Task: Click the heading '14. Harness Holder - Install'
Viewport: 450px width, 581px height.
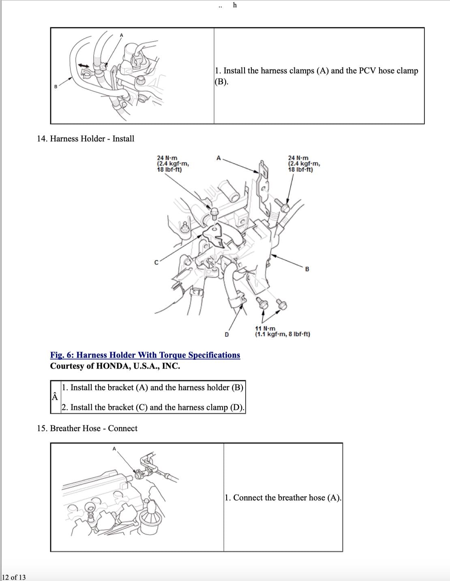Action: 86,139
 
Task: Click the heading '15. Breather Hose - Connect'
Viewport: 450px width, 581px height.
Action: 87,428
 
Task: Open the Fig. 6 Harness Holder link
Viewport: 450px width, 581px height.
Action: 145,355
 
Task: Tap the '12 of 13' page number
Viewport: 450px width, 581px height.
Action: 13,577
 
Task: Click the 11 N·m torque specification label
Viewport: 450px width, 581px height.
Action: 282,331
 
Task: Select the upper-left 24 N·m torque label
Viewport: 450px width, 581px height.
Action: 173,163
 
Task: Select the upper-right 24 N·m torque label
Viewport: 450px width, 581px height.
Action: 304,163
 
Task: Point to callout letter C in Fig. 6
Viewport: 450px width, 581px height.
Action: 156,263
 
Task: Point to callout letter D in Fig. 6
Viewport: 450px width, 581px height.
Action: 227,335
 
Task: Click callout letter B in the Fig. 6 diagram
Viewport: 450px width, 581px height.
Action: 307,269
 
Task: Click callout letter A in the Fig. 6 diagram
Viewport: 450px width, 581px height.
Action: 219,158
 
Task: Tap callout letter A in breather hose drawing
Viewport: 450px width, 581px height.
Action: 114,449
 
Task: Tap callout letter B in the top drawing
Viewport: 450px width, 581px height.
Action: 56,86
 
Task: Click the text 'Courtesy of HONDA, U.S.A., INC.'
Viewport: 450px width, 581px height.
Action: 115,366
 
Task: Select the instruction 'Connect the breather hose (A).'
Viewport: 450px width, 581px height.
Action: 283,498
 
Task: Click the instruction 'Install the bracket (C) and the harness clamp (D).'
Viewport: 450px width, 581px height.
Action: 153,407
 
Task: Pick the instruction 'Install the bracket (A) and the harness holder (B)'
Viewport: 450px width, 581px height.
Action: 152,387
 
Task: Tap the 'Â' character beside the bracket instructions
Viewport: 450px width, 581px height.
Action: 55,397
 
